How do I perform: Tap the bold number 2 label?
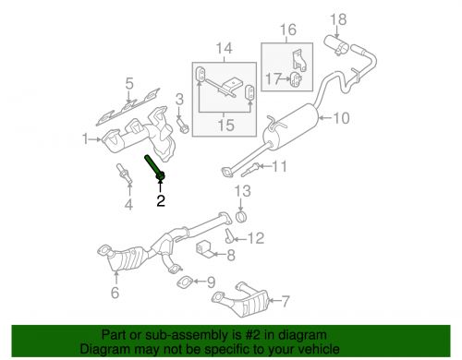[160, 200]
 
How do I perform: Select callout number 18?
[337, 18]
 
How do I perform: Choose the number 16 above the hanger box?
[287, 30]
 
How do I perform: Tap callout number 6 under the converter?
[115, 294]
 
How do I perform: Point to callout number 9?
[211, 282]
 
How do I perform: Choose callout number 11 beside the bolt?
[279, 166]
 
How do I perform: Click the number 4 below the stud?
[128, 204]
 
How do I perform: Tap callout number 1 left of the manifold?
[86, 139]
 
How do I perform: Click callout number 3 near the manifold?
[180, 98]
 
